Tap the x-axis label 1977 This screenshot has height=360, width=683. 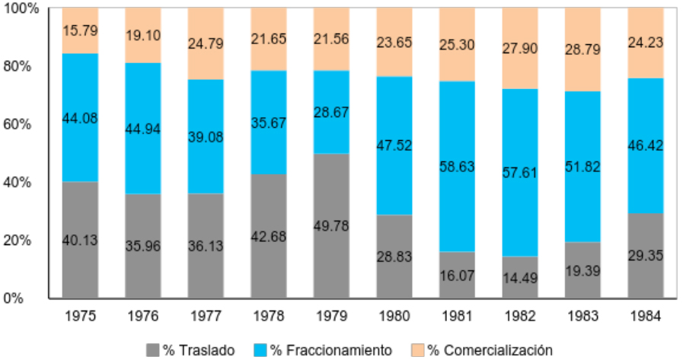206,315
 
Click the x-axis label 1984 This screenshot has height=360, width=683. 645,315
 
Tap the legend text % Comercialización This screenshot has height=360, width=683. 490,351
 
